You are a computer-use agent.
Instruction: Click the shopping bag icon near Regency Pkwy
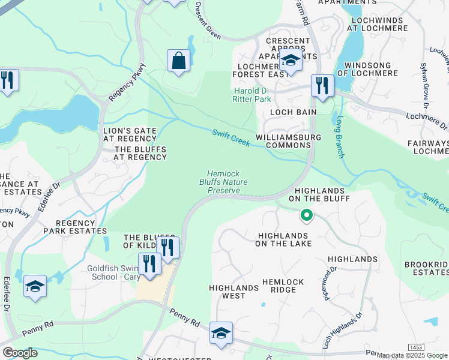[178, 61]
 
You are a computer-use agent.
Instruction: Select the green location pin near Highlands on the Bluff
[306, 214]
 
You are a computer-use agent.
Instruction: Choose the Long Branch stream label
[340, 137]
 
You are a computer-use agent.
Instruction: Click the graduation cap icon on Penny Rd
[221, 333]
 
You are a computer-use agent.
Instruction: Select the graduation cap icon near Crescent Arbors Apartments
[291, 61]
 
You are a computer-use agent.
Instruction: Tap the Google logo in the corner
[19, 353]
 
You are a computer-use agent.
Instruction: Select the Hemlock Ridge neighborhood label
[283, 286]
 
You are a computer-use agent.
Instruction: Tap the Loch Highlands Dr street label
[343, 331]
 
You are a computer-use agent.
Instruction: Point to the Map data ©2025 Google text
[412, 355]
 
